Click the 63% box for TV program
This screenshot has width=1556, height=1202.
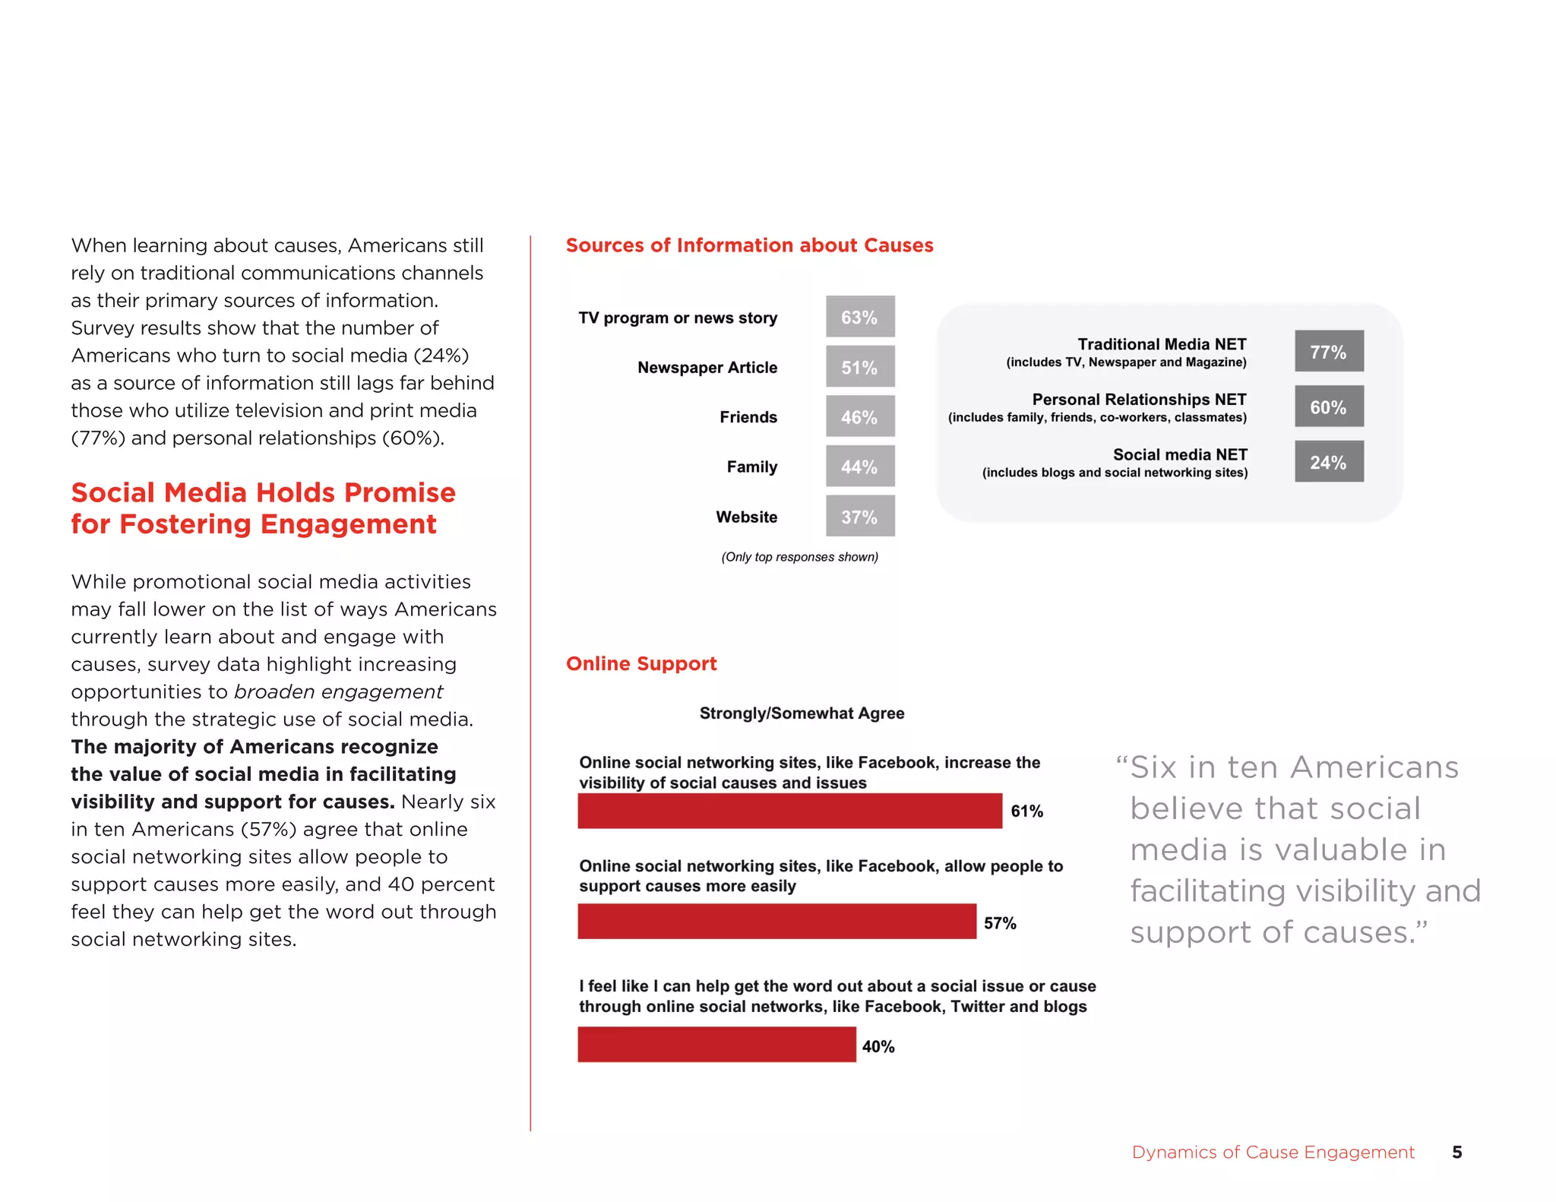(859, 317)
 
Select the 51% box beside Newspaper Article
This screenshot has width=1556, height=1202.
(859, 367)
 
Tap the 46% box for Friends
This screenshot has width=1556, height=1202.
(859, 416)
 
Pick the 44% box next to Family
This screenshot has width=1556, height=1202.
(859, 467)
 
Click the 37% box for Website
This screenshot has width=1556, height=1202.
(859, 517)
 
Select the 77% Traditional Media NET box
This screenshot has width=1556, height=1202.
(1328, 351)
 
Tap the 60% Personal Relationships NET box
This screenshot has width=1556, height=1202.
(1328, 406)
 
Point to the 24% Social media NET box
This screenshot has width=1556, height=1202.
(1328, 462)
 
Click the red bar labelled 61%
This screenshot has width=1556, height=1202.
(789, 811)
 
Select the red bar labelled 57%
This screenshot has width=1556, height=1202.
(776, 922)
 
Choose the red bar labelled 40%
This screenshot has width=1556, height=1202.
(716, 1045)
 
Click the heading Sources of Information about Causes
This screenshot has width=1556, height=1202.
(749, 245)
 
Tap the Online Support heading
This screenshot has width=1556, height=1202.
(641, 663)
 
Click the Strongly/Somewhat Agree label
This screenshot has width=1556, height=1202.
(802, 713)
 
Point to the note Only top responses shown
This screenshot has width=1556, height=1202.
(799, 557)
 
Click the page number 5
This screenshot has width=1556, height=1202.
(1456, 1152)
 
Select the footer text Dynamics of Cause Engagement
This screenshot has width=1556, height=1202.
(1273, 1152)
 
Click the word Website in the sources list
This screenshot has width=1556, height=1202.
(746, 517)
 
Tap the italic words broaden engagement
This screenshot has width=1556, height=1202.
(338, 691)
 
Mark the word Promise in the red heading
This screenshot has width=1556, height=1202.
(400, 493)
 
